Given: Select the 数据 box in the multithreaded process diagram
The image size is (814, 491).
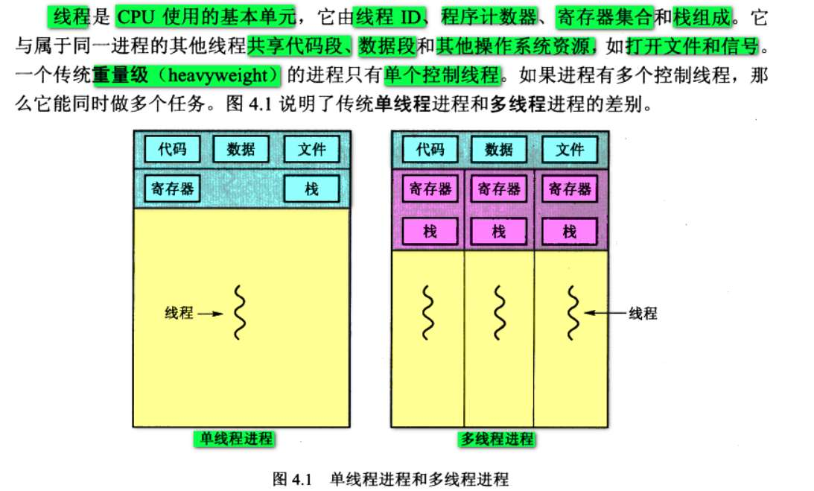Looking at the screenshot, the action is click(x=498, y=149).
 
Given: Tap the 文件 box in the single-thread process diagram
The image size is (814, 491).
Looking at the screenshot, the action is click(x=312, y=149).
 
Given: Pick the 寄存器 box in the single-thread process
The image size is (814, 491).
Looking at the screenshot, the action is click(x=171, y=189).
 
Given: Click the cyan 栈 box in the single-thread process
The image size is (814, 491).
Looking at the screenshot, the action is click(x=312, y=189).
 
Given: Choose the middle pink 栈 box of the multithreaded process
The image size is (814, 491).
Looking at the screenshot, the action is click(x=499, y=232).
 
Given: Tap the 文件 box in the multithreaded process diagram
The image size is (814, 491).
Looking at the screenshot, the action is click(x=570, y=149).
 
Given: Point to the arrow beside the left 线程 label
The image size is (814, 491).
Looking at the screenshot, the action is click(x=211, y=314).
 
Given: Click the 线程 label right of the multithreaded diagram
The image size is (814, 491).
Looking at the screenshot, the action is click(x=643, y=314).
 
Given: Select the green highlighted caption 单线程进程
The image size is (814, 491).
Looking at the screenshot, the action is click(x=232, y=438).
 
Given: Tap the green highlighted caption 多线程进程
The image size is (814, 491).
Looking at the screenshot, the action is click(x=496, y=439).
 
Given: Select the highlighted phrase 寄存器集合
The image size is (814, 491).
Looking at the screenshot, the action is click(x=604, y=16).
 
